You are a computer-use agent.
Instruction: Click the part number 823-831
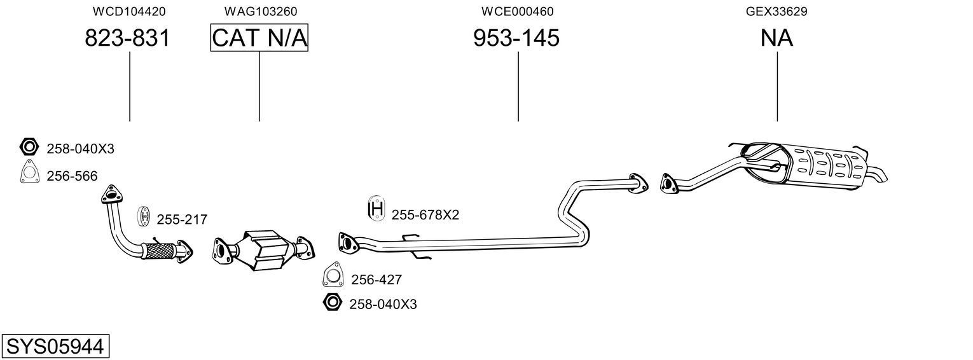pyautogui.click(x=127, y=38)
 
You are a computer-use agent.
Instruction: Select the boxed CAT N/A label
pyautogui.click(x=259, y=38)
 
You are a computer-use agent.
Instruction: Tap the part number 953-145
pyautogui.click(x=516, y=38)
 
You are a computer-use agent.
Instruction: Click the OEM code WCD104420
pyautogui.click(x=129, y=11)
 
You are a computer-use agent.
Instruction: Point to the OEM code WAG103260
pyautogui.click(x=260, y=11)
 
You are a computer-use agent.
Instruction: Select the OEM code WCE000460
pyautogui.click(x=517, y=11)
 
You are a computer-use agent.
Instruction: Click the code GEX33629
pyautogui.click(x=776, y=11)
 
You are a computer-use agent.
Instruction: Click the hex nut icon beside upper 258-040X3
pyautogui.click(x=29, y=148)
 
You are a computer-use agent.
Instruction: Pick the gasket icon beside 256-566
pyautogui.click(x=29, y=173)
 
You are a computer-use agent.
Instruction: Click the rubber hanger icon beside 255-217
pyautogui.click(x=144, y=217)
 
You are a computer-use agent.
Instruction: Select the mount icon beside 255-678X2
pyautogui.click(x=376, y=210)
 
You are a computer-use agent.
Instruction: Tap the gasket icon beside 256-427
pyautogui.click(x=333, y=275)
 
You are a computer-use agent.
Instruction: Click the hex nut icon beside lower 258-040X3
pyautogui.click(x=331, y=303)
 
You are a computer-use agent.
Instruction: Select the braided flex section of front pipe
pyautogui.click(x=159, y=251)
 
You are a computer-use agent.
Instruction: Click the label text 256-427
pyautogui.click(x=376, y=279)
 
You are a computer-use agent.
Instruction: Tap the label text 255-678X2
pyautogui.click(x=425, y=215)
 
